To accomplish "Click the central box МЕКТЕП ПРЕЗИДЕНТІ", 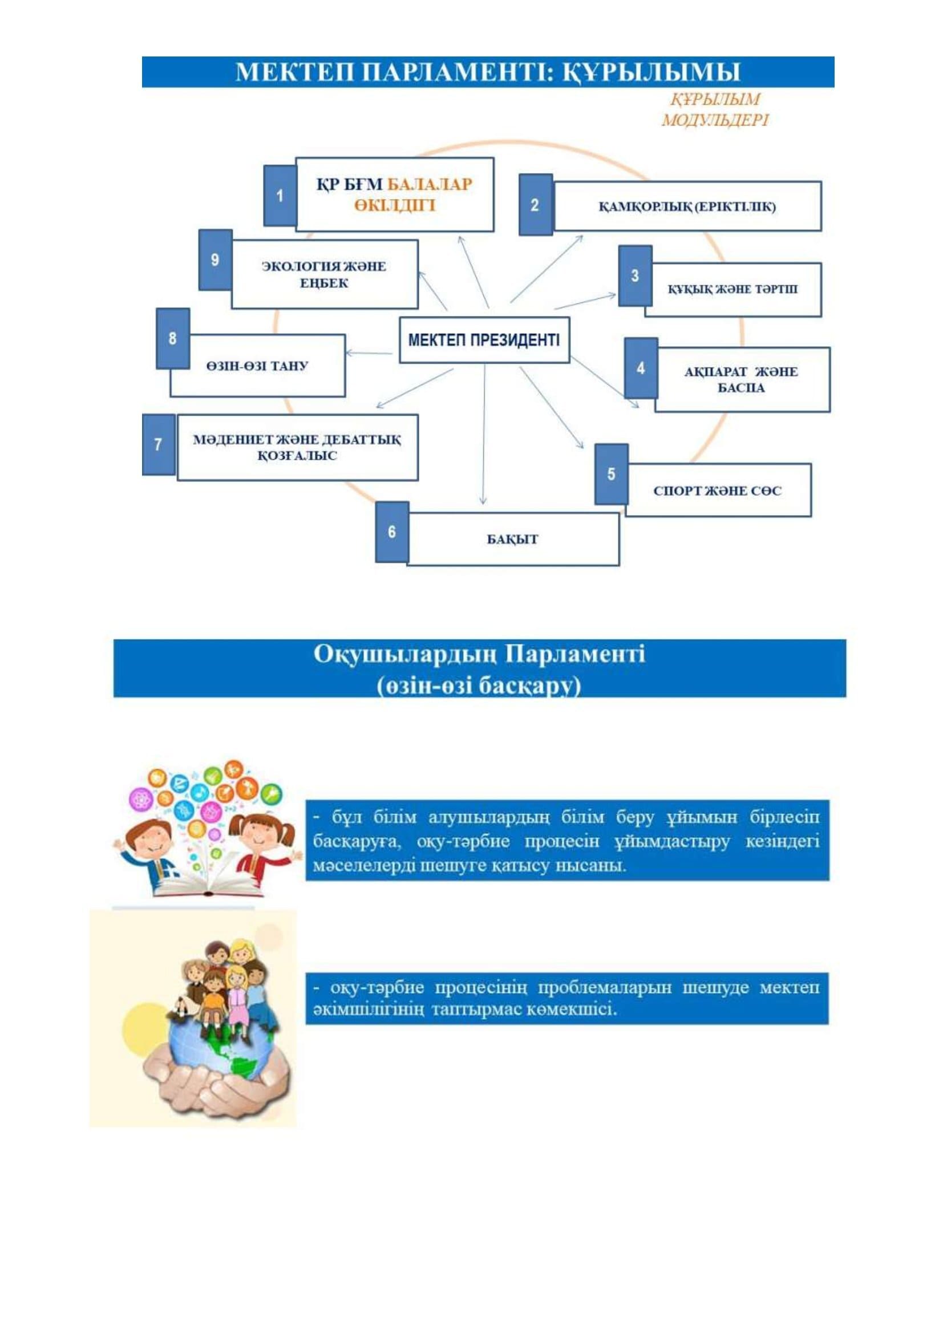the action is click(484, 340).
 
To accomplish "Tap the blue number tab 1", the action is click(280, 195).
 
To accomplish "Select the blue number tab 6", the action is click(391, 532).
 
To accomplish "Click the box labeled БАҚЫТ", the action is click(513, 539).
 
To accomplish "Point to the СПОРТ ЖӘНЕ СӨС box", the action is click(718, 490).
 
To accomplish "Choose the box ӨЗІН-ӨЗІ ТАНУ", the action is click(257, 366).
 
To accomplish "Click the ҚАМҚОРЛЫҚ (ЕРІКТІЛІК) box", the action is click(687, 206).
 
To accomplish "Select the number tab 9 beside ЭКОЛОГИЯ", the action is click(216, 259).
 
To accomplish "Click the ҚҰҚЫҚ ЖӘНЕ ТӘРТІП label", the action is click(732, 289).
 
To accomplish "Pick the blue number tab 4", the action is click(641, 368).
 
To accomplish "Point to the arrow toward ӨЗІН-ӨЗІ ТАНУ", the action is click(370, 352).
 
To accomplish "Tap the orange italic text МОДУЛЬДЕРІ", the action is click(715, 120).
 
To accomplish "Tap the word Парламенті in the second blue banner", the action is click(574, 654).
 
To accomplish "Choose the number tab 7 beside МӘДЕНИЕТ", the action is click(159, 445).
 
